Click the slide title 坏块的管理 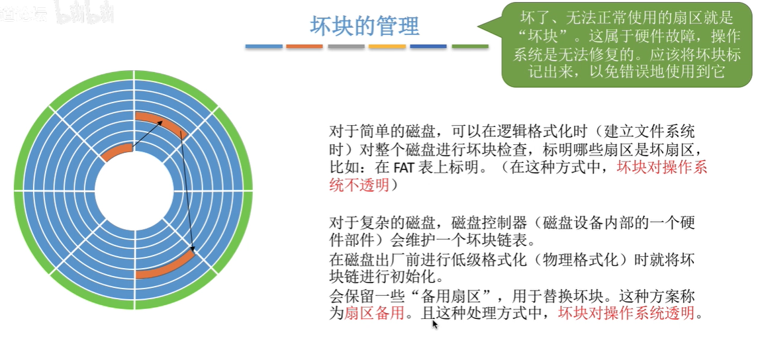pyautogui.click(x=365, y=26)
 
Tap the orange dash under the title pyautogui.click(x=305, y=46)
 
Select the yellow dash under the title pyautogui.click(x=387, y=46)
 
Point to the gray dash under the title pyautogui.click(x=346, y=46)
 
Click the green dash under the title pyautogui.click(x=470, y=46)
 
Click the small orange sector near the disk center pyautogui.click(x=117, y=152)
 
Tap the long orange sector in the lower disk pyautogui.click(x=166, y=266)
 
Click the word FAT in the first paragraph pyautogui.click(x=403, y=167)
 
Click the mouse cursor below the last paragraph pyautogui.click(x=435, y=324)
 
